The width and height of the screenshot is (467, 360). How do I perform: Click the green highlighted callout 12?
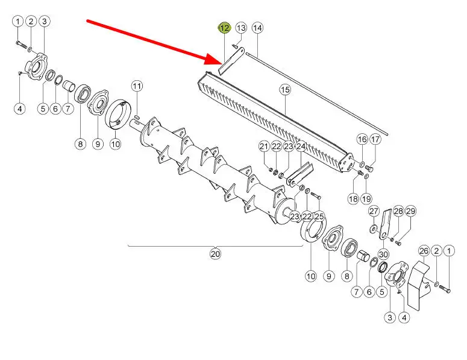[x=224, y=28]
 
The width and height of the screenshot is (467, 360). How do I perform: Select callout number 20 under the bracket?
[x=215, y=254]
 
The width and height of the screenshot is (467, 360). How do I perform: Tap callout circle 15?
[x=285, y=90]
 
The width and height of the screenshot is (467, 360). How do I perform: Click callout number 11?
[x=137, y=86]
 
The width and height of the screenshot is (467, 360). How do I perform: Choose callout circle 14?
[x=257, y=28]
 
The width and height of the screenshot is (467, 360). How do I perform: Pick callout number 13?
[x=241, y=28]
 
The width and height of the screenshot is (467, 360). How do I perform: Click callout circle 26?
[x=424, y=251]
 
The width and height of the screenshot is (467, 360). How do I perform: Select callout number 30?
[x=383, y=254]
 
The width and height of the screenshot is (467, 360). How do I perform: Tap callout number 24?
[x=301, y=147]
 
